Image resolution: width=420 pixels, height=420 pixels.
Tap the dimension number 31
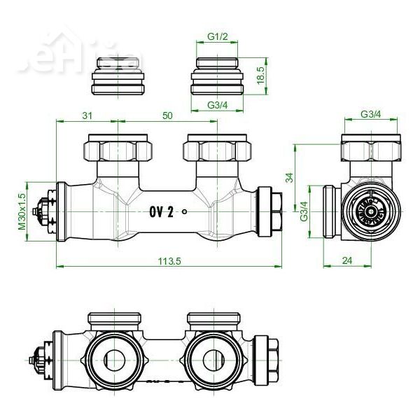[x=86, y=115]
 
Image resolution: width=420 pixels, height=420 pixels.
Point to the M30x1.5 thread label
[x=22, y=211]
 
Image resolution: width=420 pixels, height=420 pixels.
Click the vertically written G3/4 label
[x=304, y=211]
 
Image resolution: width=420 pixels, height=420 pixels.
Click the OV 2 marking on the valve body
[x=161, y=212]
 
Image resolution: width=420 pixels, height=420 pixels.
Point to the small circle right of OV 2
[x=184, y=213]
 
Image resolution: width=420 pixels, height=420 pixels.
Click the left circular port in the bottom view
[x=115, y=359]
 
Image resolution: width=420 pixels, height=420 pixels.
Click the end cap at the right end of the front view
[x=270, y=211]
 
